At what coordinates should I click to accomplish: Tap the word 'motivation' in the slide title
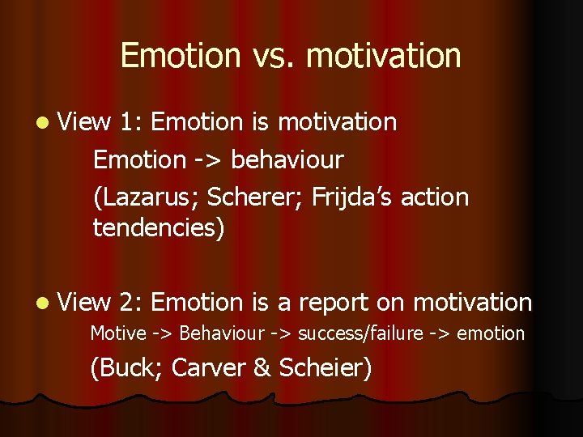(x=384, y=56)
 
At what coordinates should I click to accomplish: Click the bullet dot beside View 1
(x=41, y=122)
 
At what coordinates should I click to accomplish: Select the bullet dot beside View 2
(x=41, y=303)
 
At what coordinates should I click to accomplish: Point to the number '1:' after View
(x=130, y=122)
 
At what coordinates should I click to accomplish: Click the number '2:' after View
(x=130, y=303)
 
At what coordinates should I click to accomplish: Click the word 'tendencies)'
(x=159, y=228)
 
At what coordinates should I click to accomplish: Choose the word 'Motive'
(x=118, y=333)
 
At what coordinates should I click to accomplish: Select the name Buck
(x=130, y=368)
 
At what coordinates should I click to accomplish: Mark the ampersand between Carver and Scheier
(x=262, y=368)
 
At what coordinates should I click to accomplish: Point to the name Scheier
(x=324, y=368)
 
